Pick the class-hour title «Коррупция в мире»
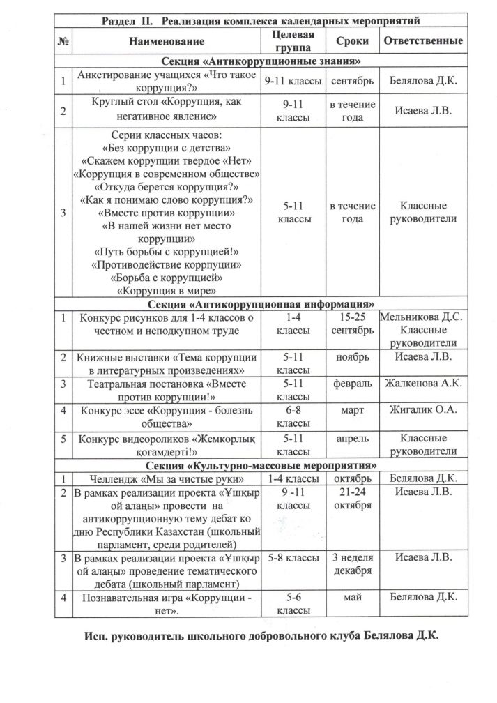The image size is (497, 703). tap(165, 290)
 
